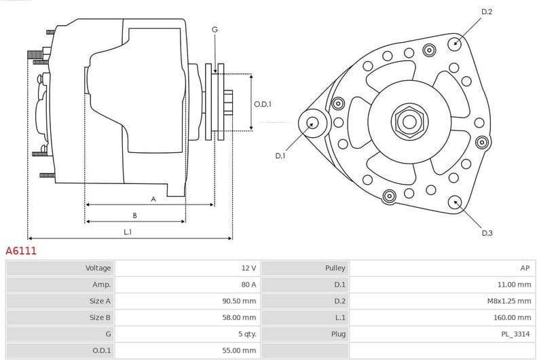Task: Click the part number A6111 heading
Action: [21, 251]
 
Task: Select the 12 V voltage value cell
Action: [248, 268]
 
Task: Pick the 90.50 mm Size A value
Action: [240, 301]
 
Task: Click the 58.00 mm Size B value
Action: [240, 317]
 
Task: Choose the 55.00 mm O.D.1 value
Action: [240, 350]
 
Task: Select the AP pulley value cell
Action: [525, 268]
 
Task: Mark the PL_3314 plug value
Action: [517, 334]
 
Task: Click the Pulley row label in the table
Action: [335, 268]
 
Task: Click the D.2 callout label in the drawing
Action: [487, 12]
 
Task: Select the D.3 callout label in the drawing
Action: [487, 233]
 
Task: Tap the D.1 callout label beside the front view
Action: [280, 156]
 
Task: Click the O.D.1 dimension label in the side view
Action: [263, 104]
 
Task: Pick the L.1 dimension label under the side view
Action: [128, 232]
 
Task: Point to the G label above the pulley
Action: [215, 29]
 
